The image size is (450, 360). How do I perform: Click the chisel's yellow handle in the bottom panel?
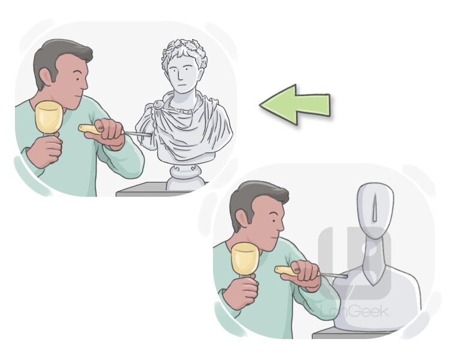pos(286,271)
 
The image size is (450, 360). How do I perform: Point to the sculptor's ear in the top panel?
pos(46,78)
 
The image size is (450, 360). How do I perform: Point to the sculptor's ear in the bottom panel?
pos(241,220)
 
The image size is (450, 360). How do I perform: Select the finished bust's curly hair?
pos(184,53)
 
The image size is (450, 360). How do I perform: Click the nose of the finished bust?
pos(179,76)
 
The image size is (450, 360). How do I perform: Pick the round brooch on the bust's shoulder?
pos(158,105)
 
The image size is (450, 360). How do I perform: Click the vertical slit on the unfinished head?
pos(374,208)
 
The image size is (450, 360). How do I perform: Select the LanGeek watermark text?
pos(355,312)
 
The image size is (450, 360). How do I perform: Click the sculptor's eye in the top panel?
pos(77,79)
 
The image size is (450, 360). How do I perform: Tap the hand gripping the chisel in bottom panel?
pos(305,275)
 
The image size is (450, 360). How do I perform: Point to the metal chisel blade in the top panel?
pos(138,134)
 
